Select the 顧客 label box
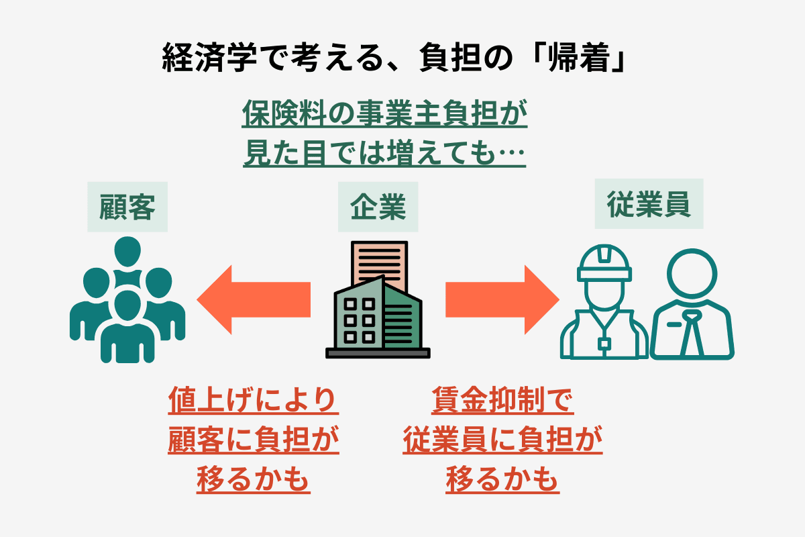(x=127, y=207)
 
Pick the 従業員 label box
(x=649, y=204)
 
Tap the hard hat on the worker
(x=604, y=263)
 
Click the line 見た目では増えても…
(x=384, y=154)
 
